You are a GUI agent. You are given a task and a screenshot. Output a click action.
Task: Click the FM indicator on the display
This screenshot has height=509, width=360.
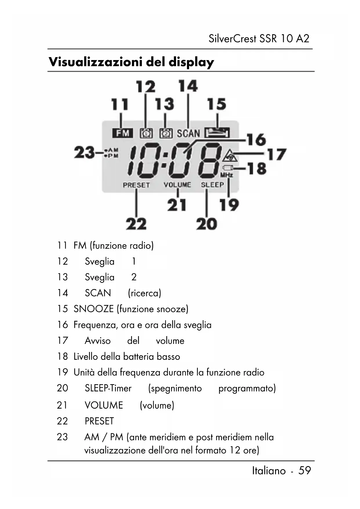pos(122,133)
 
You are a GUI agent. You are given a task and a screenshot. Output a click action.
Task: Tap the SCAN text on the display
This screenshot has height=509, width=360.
pos(188,133)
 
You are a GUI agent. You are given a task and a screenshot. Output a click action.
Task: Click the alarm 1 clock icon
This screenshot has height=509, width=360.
pos(146,133)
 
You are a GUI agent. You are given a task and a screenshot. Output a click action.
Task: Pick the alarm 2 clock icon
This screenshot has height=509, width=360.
pos(166,133)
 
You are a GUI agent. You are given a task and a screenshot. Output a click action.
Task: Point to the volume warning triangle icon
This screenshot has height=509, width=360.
pos(230,156)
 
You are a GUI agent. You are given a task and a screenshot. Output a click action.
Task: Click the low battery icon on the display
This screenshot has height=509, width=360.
pos(228,168)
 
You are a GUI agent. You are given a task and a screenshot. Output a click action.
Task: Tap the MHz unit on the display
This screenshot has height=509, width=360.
pos(226,175)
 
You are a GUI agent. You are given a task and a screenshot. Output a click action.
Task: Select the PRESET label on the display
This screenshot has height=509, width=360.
pos(136,185)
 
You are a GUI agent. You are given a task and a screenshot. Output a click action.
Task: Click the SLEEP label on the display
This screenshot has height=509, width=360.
pos(212,185)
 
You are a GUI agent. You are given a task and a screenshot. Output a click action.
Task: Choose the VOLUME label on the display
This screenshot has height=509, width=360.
pos(177,185)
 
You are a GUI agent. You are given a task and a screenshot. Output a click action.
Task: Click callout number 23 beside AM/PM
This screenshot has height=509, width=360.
pos(84,153)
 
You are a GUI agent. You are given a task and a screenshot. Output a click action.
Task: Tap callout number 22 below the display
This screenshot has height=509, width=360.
pos(136,224)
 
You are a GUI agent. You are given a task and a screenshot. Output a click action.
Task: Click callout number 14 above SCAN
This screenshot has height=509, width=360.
pos(188,86)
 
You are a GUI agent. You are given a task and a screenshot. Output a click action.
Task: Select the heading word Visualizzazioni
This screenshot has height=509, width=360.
pos(96,62)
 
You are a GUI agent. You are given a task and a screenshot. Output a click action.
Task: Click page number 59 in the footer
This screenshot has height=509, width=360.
pos(304,470)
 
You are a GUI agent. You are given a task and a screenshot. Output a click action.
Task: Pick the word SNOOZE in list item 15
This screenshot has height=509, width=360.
pos(93,309)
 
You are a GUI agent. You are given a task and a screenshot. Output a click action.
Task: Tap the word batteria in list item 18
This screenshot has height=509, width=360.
pos(138,356)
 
